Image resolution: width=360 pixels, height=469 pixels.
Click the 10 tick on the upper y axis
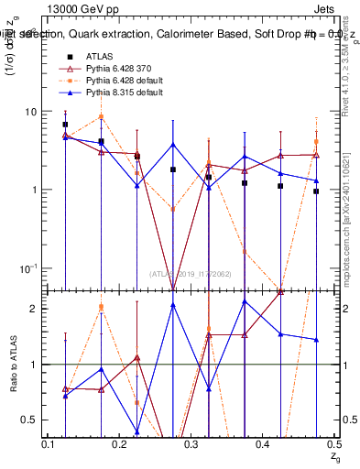point(31,112)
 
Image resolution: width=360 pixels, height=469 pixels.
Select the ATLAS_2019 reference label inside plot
point(192,273)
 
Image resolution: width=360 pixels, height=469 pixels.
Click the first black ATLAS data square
point(65,125)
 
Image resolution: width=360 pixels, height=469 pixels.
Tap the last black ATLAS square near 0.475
point(316,191)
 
